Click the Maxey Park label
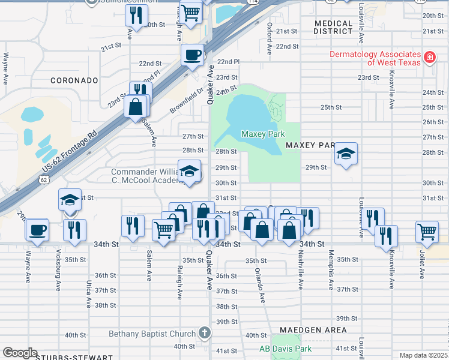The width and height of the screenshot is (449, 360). tap(262, 134)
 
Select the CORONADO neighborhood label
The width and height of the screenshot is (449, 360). tap(74, 80)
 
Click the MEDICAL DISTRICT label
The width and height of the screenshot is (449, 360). tap(333, 27)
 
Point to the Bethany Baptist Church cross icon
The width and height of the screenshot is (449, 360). tap(204, 334)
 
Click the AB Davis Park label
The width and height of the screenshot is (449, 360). tap(285, 349)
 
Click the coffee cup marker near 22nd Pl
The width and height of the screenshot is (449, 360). tap(192, 55)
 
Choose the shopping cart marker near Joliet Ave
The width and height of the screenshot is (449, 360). tap(427, 230)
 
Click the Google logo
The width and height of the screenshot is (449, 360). tap(20, 353)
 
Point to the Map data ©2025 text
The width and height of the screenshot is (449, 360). tap(423, 355)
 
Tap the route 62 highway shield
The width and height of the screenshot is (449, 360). tap(44, 179)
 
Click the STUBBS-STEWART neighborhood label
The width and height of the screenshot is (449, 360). tap(66, 357)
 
